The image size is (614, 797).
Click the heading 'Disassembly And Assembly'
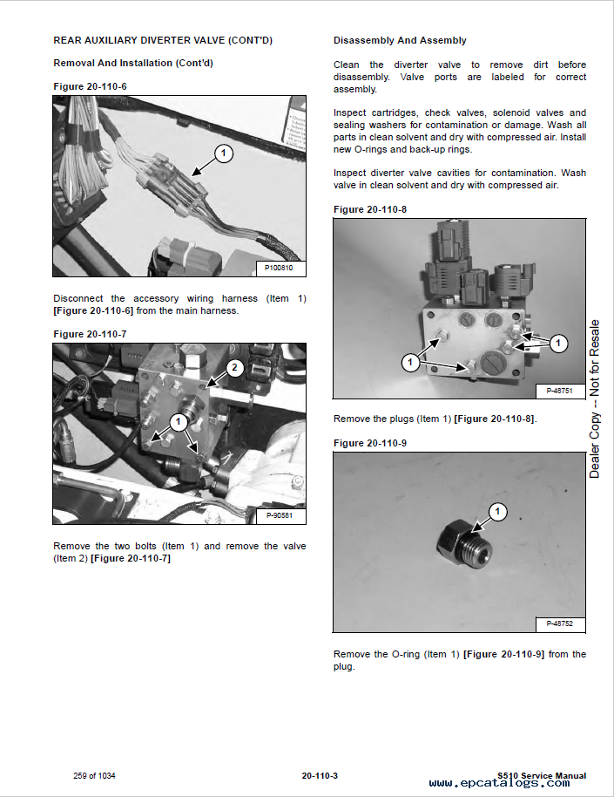point(400,40)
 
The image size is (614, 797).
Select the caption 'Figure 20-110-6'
point(90,86)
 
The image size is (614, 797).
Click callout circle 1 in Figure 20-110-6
point(224,154)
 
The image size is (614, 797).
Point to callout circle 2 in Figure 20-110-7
point(233,367)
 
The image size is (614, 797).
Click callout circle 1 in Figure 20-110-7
point(178,422)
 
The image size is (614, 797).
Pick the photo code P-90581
point(280,515)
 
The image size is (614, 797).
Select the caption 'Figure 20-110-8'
point(369,209)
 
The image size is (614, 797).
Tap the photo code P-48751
point(559,390)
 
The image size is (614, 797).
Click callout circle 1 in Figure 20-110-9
point(497,511)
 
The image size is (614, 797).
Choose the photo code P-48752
point(559,623)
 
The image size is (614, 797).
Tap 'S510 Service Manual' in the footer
point(541,775)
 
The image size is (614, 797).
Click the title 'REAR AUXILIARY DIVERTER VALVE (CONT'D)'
point(162,40)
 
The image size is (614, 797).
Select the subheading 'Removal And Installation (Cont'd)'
point(133,63)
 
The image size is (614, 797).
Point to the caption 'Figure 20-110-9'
point(369,443)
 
